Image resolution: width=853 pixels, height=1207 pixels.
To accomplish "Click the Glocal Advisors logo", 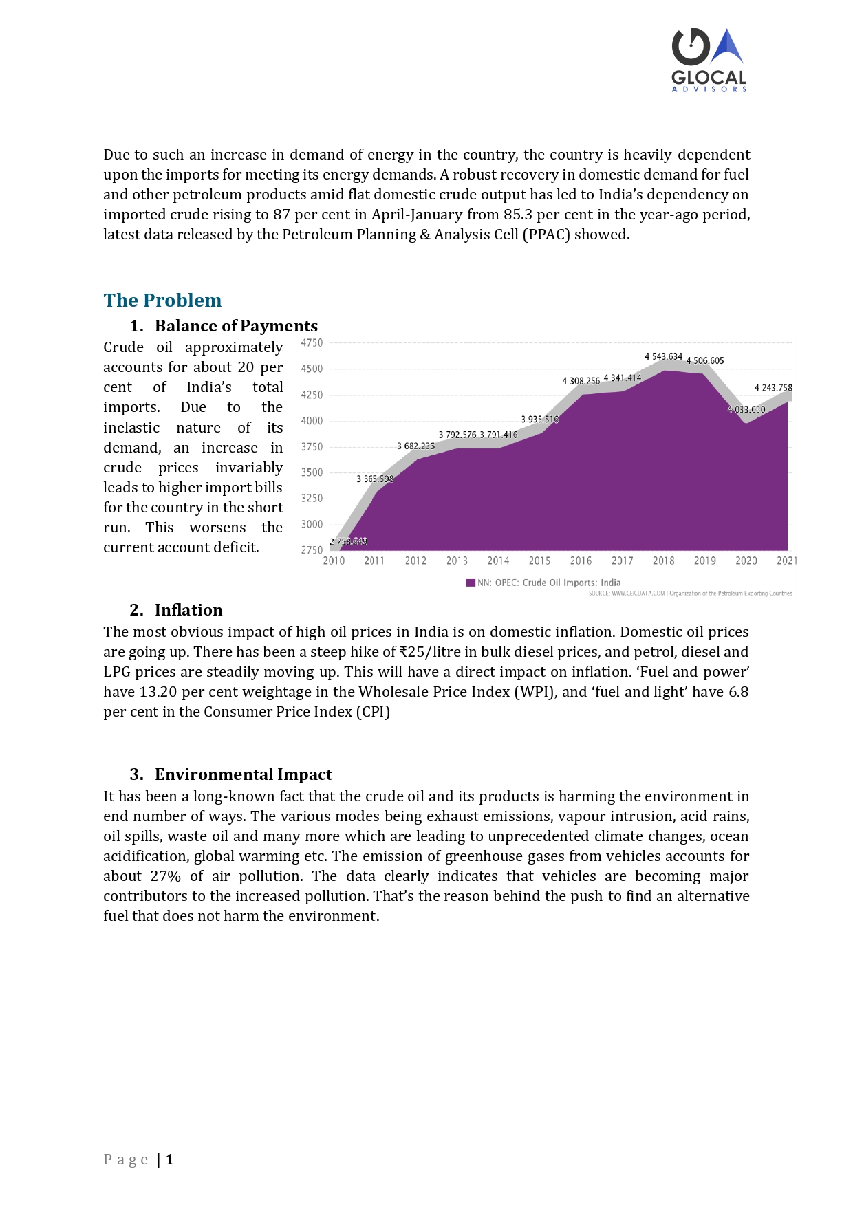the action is pos(709,60).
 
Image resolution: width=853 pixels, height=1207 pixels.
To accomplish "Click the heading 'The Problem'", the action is pos(162,301).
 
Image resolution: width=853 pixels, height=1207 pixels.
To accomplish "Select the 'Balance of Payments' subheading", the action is pos(236,326).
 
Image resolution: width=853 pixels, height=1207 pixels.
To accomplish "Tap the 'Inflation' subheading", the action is pos(188,610).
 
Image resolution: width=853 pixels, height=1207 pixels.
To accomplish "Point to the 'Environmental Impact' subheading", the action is pos(244,774).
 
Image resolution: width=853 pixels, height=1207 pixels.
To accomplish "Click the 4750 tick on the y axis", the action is pos(312,342).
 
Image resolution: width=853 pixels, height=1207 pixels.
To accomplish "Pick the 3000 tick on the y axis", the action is pos(312,524).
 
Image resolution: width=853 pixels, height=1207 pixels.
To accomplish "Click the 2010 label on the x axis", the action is pos(334,561).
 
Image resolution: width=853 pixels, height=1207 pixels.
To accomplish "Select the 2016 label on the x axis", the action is pos(581,561).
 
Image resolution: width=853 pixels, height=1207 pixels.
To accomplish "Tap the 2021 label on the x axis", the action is pos(787,561).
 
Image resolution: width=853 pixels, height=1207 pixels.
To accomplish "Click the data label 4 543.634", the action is pos(663,356).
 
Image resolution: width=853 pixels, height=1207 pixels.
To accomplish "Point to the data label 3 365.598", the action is pos(375,479).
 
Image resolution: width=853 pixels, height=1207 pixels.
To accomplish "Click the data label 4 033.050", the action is pos(746,409).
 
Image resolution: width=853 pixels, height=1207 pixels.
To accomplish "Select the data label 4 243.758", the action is pos(773,387).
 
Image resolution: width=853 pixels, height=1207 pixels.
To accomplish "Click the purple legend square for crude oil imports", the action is pos(471,583).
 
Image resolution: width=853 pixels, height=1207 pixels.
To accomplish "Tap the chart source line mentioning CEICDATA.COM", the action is pos(690,594).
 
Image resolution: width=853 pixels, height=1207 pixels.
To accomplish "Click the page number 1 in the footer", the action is pos(169,1160).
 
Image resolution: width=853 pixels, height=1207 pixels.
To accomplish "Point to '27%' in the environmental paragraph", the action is pos(165,876).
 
